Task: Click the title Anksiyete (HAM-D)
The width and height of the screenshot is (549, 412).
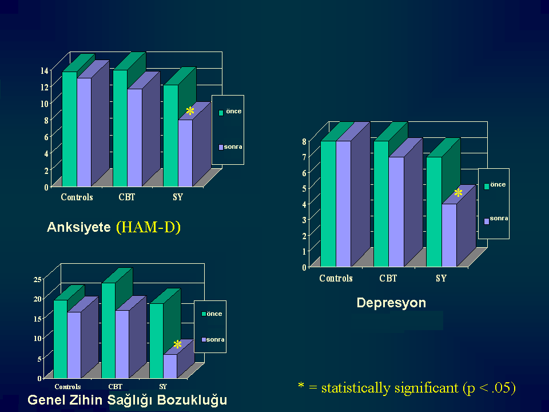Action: pyautogui.click(x=114, y=227)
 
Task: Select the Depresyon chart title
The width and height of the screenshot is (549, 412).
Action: pyautogui.click(x=391, y=303)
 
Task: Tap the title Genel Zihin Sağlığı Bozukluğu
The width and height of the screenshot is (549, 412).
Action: pyautogui.click(x=128, y=400)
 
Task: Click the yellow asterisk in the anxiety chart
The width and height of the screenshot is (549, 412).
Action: pyautogui.click(x=190, y=112)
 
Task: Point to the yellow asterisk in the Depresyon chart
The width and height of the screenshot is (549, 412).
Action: pyautogui.click(x=458, y=193)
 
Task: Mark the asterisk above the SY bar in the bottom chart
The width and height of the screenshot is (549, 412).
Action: pyautogui.click(x=177, y=344)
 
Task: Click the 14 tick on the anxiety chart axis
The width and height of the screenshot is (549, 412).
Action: pyautogui.click(x=45, y=70)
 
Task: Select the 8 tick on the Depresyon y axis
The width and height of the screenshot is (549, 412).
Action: pyautogui.click(x=304, y=141)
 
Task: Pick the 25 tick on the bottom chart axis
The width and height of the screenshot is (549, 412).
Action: pyautogui.click(x=38, y=279)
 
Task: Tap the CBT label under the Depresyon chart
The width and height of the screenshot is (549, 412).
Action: pyautogui.click(x=388, y=278)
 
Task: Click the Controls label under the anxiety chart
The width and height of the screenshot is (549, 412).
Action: pyautogui.click(x=77, y=197)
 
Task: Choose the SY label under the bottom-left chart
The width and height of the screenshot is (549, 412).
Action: pyautogui.click(x=163, y=386)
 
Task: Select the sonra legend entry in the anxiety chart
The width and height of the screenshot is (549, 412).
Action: pyautogui.click(x=230, y=147)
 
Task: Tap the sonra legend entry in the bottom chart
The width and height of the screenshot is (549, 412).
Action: pyautogui.click(x=213, y=339)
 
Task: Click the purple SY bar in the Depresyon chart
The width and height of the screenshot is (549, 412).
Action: pyautogui.click(x=449, y=235)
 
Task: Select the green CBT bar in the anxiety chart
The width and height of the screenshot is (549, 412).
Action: pyautogui.click(x=120, y=128)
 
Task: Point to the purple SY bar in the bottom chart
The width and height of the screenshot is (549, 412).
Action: pyautogui.click(x=170, y=366)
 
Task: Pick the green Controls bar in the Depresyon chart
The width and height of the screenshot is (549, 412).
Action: pyautogui.click(x=328, y=204)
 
